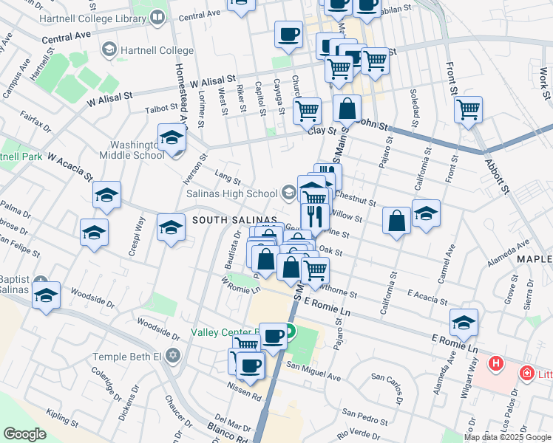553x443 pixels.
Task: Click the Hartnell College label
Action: pos(155,50)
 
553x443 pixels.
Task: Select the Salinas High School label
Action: pos(231,193)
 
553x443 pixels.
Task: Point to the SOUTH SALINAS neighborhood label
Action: pos(234,221)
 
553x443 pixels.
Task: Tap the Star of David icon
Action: pos(173,357)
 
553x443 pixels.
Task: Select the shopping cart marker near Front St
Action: pos(469,110)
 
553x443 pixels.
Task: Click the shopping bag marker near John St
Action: pos(347,109)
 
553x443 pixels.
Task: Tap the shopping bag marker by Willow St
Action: pos(397,220)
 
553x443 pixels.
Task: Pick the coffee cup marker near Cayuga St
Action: pos(288,33)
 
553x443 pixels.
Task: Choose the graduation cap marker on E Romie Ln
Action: pos(464,322)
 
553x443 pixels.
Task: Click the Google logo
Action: pos(24,434)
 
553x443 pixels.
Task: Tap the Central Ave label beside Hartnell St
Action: pos(66,35)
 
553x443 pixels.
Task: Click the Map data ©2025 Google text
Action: pos(507,437)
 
